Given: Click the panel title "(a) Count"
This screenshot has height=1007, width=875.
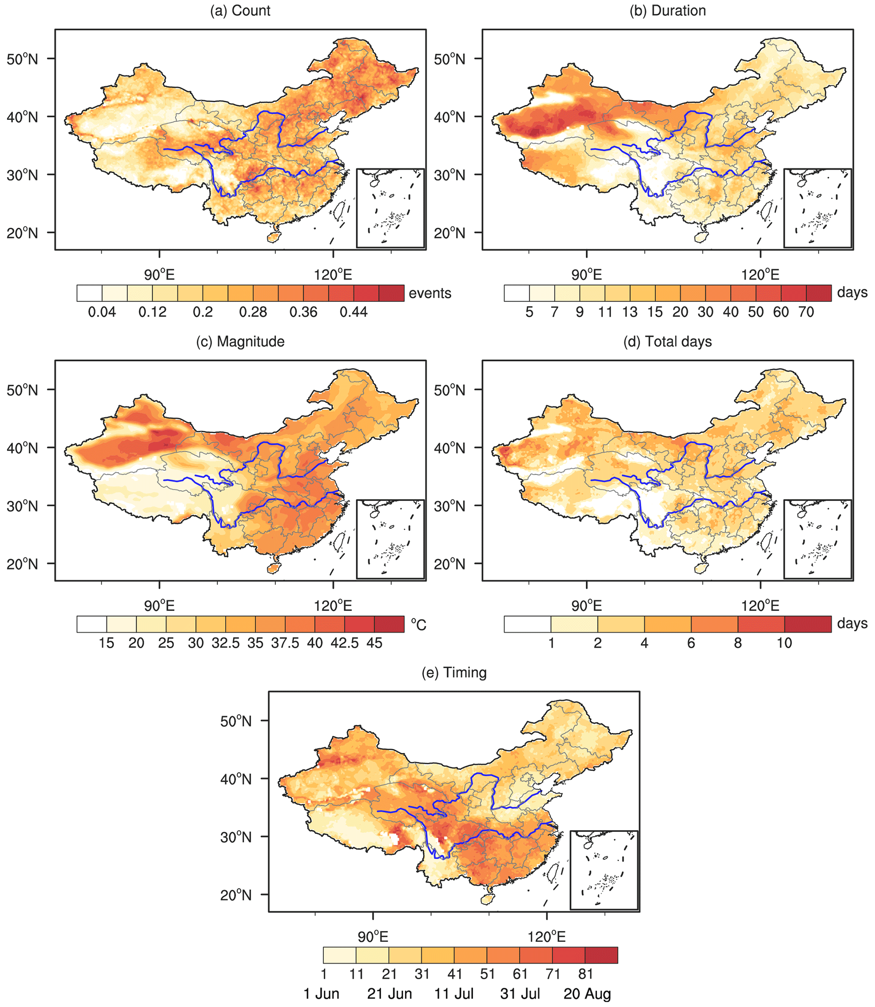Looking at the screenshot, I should (x=240, y=11).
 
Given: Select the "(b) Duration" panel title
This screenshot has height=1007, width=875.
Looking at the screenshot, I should (x=668, y=11).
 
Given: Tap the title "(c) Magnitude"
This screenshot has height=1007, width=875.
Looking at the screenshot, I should (x=240, y=342).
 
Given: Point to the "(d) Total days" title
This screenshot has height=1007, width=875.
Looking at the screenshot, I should (x=668, y=342).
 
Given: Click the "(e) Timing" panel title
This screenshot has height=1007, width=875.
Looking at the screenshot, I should (x=454, y=673).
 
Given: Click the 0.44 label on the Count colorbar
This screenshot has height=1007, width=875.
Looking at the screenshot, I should (x=353, y=312).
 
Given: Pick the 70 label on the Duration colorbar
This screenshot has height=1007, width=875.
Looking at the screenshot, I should (x=806, y=312).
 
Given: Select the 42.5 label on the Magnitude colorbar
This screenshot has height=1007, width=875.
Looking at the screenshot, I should (x=345, y=643).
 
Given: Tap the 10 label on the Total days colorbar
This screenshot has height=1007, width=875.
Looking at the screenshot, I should (x=784, y=643).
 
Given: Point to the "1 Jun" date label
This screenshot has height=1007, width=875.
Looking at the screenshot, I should (x=321, y=994).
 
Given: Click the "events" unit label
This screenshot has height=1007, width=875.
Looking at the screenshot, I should (x=430, y=293).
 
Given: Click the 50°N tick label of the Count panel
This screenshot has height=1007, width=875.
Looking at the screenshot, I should (x=22, y=59).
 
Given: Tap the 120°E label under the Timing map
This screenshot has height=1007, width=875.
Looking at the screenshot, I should (x=547, y=937).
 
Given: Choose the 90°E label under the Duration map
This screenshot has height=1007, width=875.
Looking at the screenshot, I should (x=586, y=274).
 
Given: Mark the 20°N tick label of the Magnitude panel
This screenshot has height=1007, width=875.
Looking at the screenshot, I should (x=22, y=564).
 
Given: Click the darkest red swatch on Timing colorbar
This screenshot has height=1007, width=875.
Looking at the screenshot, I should (x=601, y=955).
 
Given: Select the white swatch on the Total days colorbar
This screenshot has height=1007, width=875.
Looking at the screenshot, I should (x=527, y=624).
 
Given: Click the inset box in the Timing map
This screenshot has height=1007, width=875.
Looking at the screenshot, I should (x=604, y=870).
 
